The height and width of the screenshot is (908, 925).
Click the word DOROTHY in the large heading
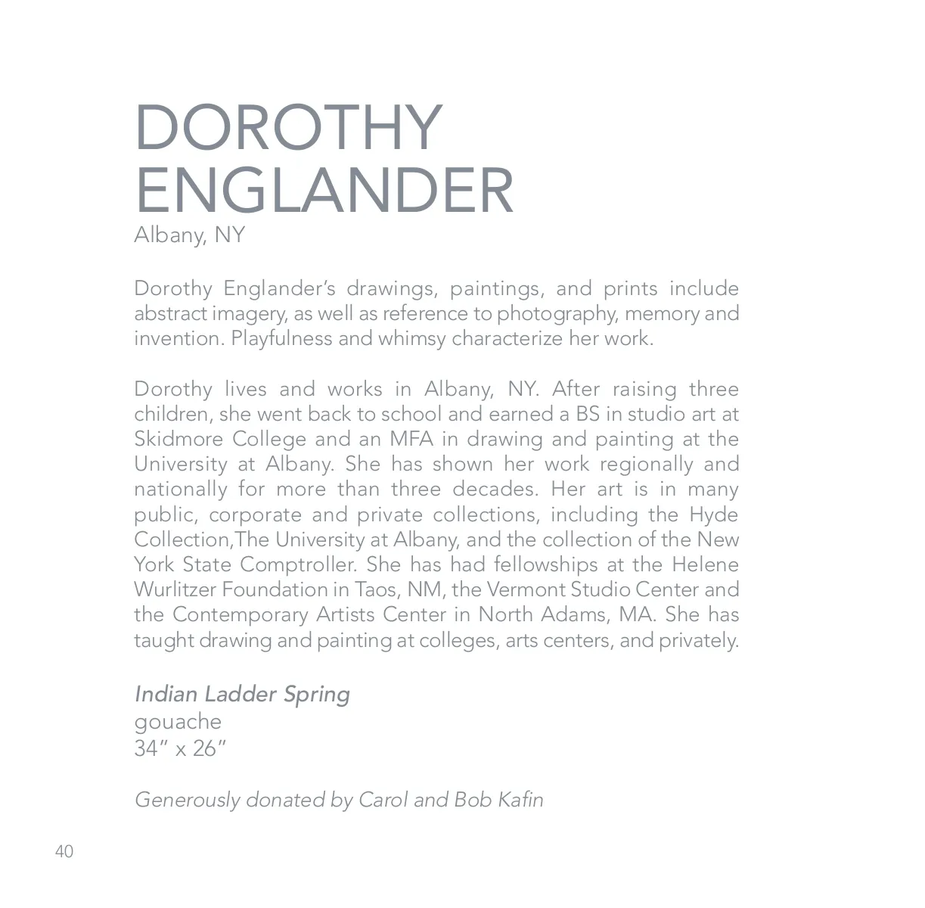[288, 128]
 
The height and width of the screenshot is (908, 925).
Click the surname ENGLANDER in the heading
[324, 190]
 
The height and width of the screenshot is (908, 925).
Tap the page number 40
[64, 852]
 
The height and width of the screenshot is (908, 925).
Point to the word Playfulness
[281, 338]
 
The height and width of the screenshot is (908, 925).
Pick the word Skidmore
[178, 439]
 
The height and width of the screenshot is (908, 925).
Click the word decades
[495, 489]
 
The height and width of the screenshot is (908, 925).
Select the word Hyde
[713, 515]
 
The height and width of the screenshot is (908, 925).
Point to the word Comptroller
[298, 564]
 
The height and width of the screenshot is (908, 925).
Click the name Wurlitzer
[175, 589]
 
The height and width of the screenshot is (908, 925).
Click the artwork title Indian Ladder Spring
[242, 694]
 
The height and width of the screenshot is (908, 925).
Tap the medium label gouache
[178, 722]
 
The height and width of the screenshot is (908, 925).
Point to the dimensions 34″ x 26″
[180, 748]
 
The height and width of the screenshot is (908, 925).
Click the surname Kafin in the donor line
[520, 800]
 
